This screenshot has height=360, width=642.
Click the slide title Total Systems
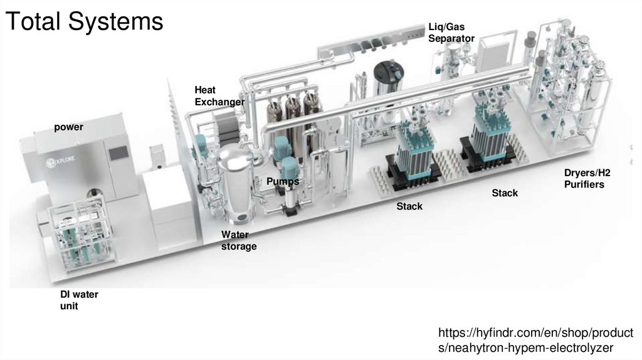[x=83, y=21]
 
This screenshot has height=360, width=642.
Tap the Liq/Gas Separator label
[x=451, y=33]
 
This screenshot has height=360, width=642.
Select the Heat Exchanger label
[x=219, y=96]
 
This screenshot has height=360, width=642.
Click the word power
[x=68, y=127]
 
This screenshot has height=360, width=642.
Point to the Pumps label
[x=282, y=181]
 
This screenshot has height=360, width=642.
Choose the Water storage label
[x=239, y=241]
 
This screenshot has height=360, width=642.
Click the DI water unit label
[x=79, y=300]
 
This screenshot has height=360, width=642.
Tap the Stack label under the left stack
[x=409, y=206]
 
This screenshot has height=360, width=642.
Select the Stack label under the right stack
[x=505, y=193]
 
